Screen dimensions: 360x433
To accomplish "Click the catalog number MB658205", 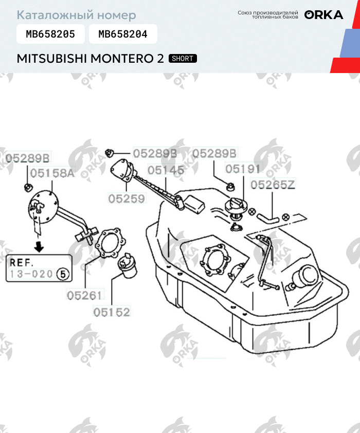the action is click(50, 34).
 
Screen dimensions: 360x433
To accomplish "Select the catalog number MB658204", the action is click(123, 34).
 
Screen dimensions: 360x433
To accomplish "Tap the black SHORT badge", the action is click(183, 59).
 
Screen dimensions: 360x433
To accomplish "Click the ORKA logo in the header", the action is click(324, 15).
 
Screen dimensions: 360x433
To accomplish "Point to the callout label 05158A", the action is click(52, 173).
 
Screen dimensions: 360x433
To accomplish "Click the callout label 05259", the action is click(127, 199).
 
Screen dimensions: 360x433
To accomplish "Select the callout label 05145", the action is click(166, 170).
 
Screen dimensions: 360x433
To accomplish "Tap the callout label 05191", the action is click(243, 169).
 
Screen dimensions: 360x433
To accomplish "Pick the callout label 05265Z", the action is click(273, 185).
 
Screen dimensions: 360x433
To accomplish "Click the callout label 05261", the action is click(85, 295).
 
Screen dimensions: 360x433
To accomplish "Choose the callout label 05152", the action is click(112, 312).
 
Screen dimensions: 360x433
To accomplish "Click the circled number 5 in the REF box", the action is click(63, 274).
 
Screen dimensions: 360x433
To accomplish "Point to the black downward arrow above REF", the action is click(39, 247).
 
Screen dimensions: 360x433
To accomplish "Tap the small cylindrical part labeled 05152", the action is click(127, 266).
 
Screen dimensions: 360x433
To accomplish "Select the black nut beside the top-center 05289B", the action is click(110, 152).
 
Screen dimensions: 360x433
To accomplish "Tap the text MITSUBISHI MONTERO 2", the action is click(91, 59).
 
